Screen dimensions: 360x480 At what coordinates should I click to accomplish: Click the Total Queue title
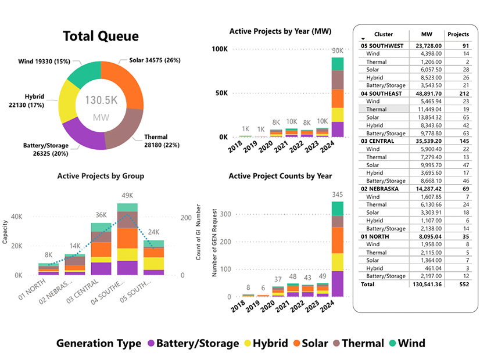click(x=101, y=37)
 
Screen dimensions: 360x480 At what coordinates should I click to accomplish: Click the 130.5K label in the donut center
click(x=102, y=100)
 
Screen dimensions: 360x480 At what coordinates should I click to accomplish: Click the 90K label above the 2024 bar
click(x=338, y=51)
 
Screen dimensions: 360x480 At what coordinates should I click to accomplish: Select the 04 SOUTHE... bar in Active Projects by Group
click(x=127, y=239)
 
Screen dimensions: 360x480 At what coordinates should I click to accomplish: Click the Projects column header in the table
click(x=458, y=34)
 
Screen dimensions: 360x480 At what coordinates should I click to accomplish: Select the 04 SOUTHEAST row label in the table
click(x=381, y=93)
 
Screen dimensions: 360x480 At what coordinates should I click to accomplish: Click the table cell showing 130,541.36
click(x=425, y=285)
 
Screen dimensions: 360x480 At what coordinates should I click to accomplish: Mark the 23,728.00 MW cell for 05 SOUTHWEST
click(x=427, y=45)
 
